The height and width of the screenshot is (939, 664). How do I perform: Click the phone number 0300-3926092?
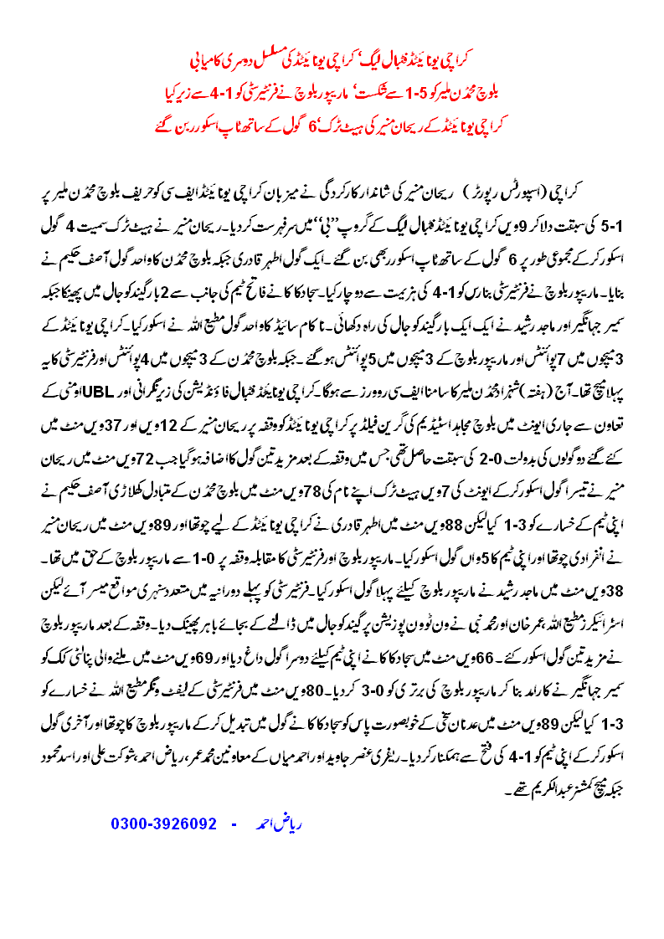pyautogui.click(x=164, y=824)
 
